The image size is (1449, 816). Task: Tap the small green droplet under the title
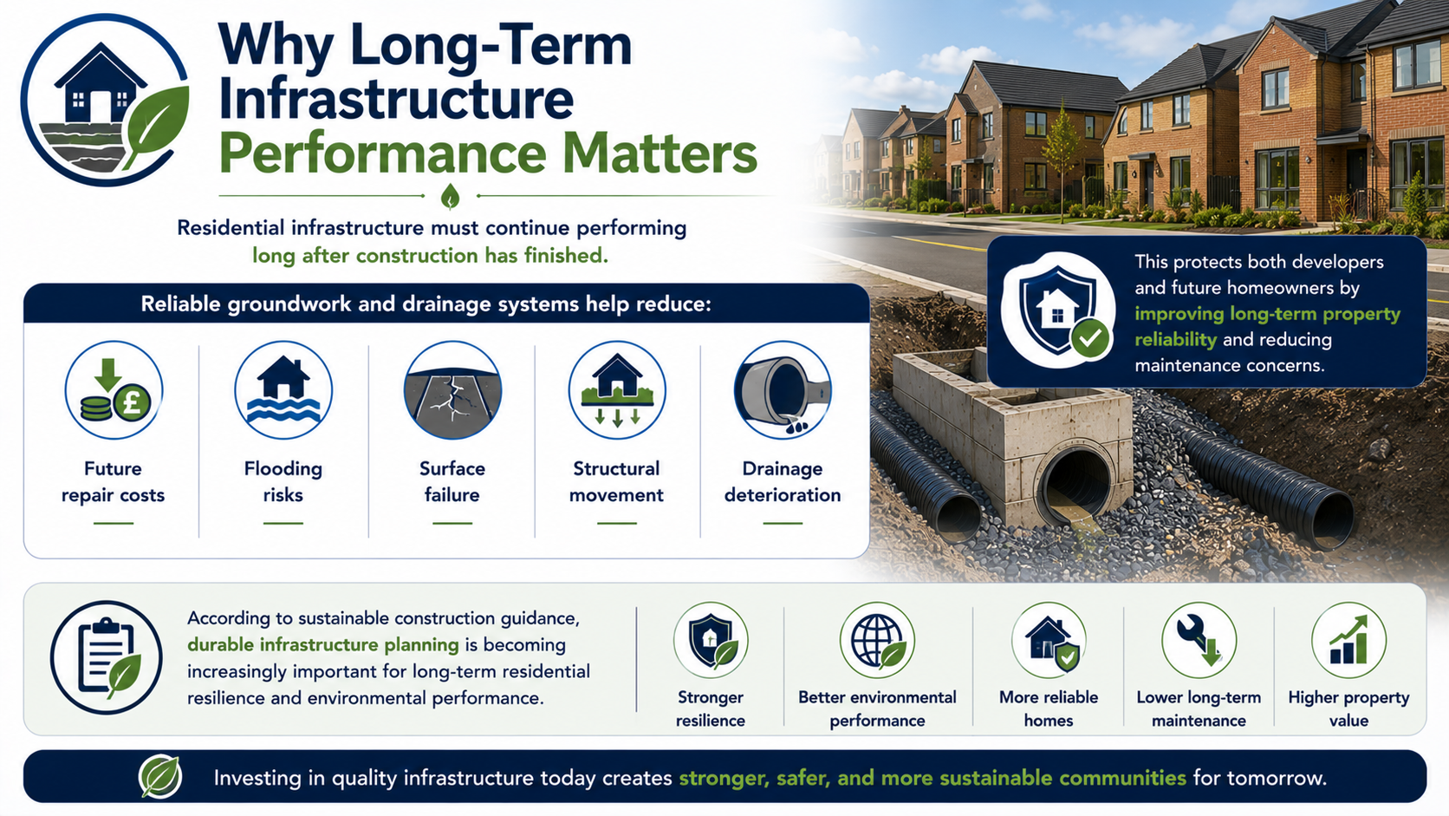pyautogui.click(x=451, y=196)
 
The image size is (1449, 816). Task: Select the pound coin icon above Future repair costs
pyautogui.click(x=114, y=390)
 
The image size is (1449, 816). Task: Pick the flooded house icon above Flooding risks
pyautogui.click(x=283, y=390)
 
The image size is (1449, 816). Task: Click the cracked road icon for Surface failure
pyautogui.click(x=452, y=390)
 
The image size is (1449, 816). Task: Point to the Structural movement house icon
pyautogui.click(x=617, y=390)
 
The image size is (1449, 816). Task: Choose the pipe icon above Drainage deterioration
pyautogui.click(x=783, y=390)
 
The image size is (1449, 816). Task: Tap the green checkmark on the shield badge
pyautogui.click(x=1089, y=338)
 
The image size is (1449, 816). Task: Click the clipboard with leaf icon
pyautogui.click(x=107, y=657)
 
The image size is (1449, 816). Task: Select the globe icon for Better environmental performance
pyautogui.click(x=877, y=640)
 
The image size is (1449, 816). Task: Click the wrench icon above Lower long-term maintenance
pyautogui.click(x=1199, y=640)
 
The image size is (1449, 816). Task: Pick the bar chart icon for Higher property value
pyautogui.click(x=1348, y=640)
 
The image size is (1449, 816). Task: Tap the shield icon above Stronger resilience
pyautogui.click(x=711, y=640)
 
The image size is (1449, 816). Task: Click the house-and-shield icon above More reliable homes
pyautogui.click(x=1049, y=640)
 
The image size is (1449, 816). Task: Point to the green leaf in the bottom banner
pyautogui.click(x=160, y=776)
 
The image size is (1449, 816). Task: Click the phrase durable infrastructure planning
pyautogui.click(x=323, y=645)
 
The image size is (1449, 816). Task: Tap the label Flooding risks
pyautogui.click(x=283, y=481)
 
